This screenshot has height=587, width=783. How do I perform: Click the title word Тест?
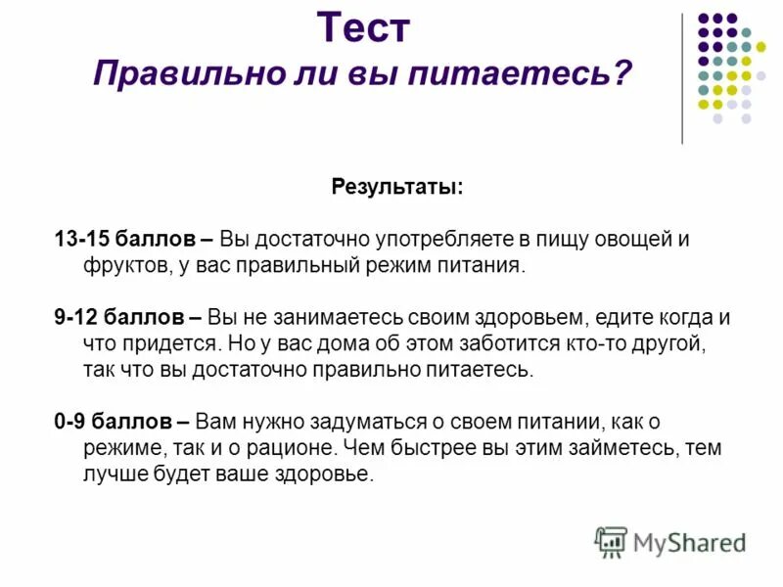(x=363, y=27)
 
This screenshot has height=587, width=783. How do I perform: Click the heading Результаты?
(x=397, y=186)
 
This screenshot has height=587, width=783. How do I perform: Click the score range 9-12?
(x=76, y=318)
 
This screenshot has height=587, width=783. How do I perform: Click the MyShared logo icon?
(x=611, y=541)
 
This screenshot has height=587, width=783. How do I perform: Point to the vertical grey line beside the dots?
(x=682, y=78)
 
